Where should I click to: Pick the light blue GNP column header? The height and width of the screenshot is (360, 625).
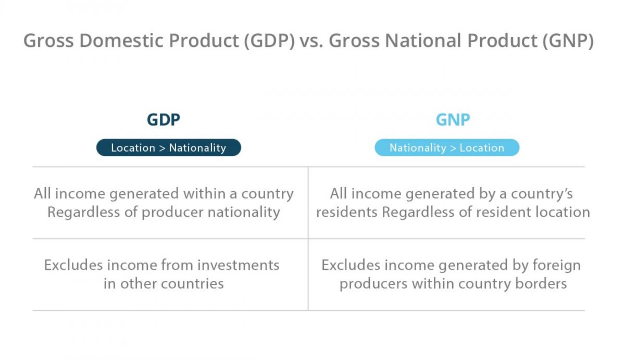453,120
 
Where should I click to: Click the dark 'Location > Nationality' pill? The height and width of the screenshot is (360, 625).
168,148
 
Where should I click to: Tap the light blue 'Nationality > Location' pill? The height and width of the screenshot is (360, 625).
447,148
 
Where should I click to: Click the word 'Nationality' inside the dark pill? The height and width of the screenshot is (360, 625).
197,148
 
